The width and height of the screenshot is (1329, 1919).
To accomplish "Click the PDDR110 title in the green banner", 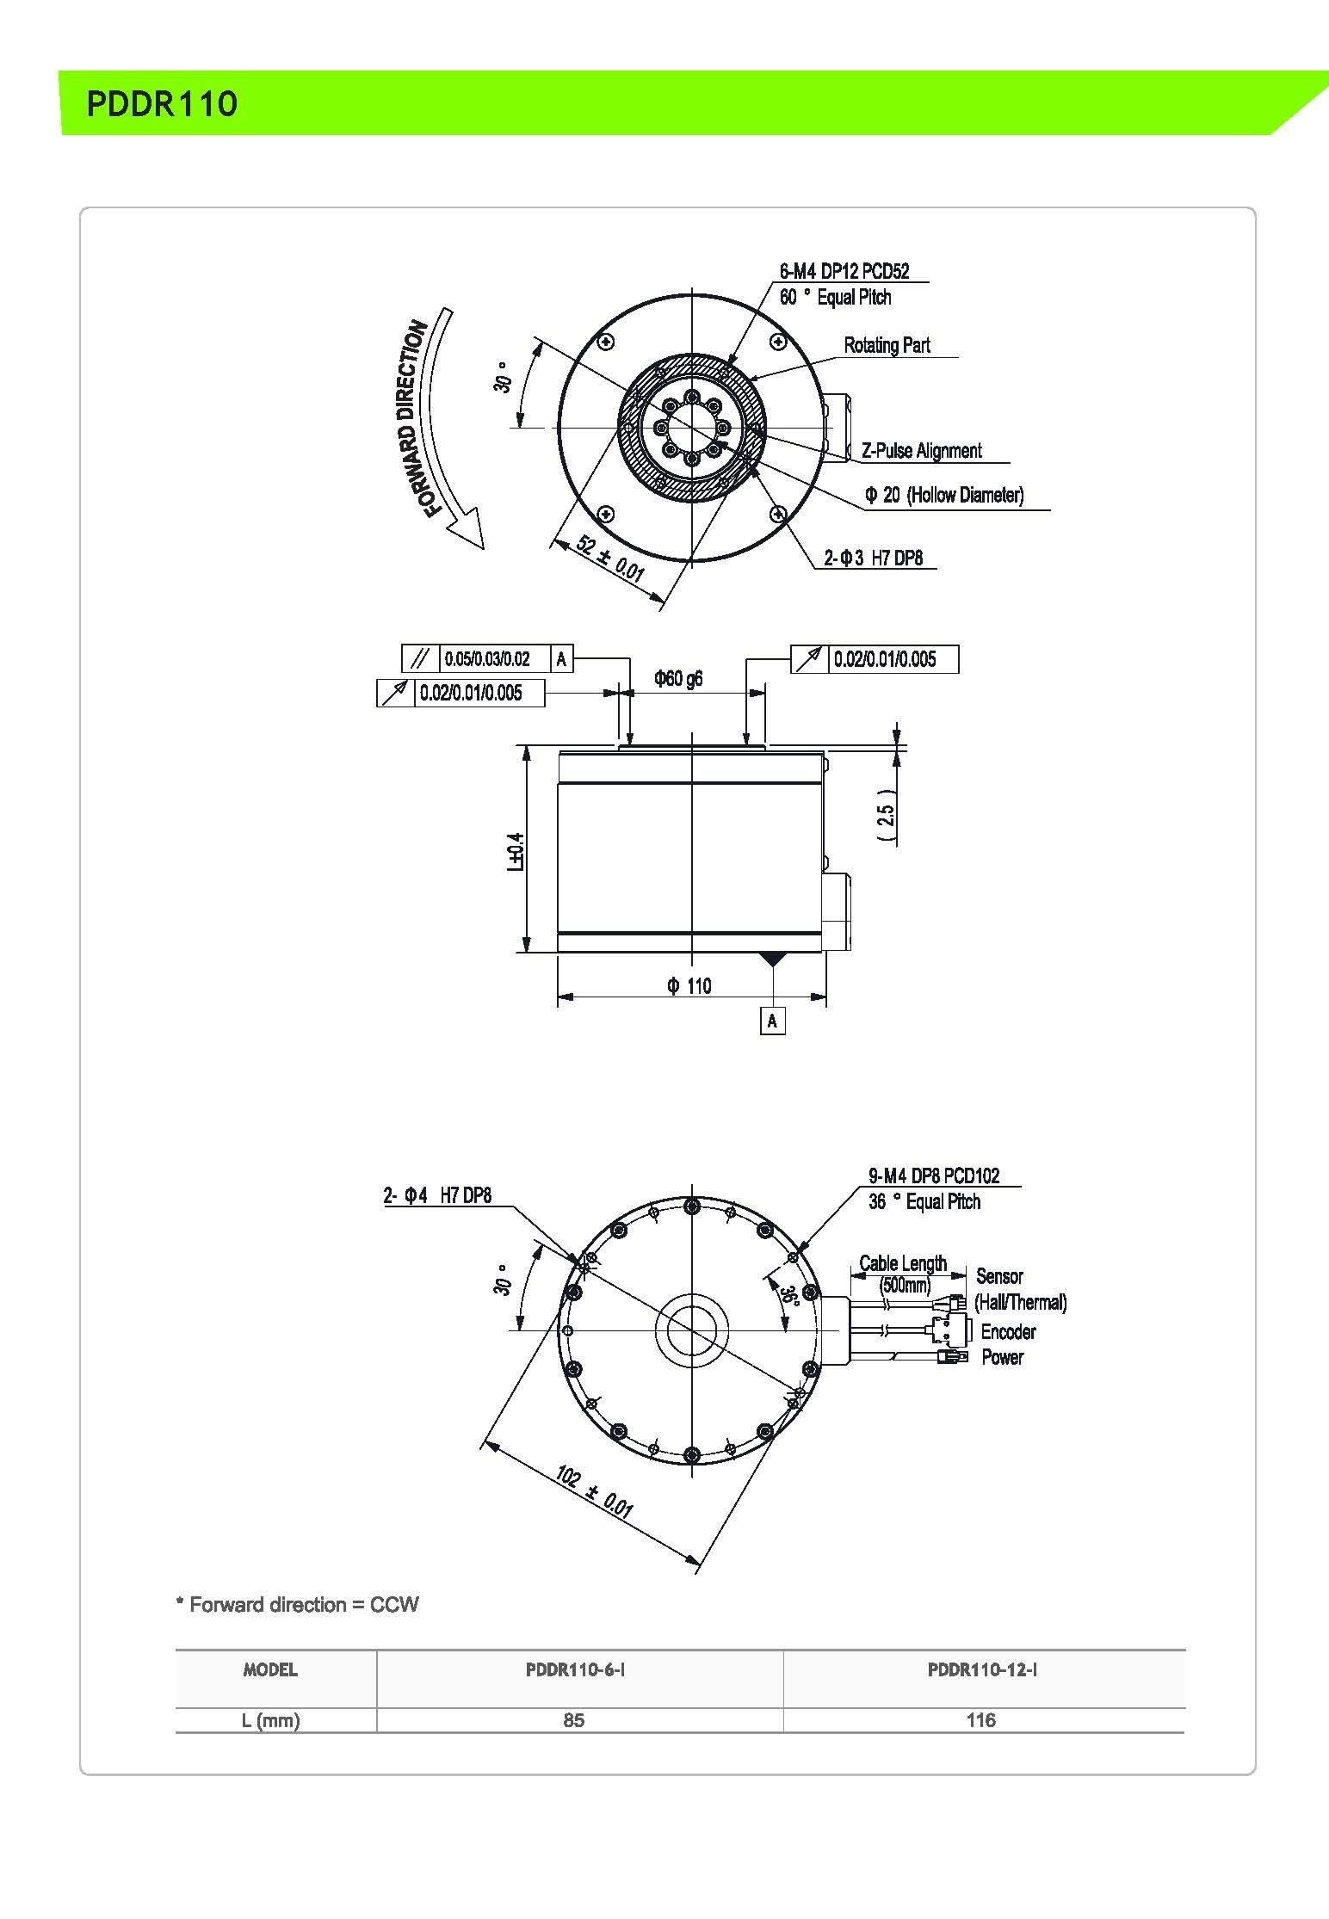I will tap(162, 103).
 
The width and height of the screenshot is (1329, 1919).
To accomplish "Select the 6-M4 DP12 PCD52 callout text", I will tap(844, 272).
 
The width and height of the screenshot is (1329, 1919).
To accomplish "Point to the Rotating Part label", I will tap(887, 346).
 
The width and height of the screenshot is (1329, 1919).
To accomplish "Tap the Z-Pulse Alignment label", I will tap(921, 451).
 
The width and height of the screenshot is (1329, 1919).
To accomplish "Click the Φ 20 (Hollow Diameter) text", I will tap(944, 495).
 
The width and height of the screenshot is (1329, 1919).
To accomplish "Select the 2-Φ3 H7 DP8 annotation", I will tap(873, 558).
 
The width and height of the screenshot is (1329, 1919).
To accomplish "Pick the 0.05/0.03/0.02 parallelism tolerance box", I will tap(487, 660).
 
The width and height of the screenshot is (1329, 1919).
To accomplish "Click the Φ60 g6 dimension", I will tap(678, 679).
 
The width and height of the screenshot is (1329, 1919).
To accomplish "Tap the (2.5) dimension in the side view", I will tap(887, 814).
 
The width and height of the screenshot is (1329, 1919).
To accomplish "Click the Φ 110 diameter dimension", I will tap(689, 986).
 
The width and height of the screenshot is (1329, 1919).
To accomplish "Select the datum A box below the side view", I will tap(772, 1021).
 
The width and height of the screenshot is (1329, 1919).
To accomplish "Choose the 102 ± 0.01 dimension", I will tap(594, 1491).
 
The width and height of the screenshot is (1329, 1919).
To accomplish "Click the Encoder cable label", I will tap(1008, 1332).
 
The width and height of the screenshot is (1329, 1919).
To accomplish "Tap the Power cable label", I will tap(1002, 1357).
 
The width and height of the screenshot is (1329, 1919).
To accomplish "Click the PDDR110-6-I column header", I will tap(574, 1670).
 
